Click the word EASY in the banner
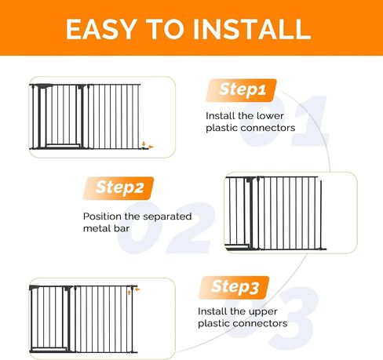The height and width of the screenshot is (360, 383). click(101, 29)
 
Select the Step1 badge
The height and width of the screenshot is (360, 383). click(241, 90)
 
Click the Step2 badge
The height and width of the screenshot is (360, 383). click(119, 188)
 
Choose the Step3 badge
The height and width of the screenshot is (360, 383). click(234, 287)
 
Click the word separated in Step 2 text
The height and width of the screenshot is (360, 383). click(167, 216)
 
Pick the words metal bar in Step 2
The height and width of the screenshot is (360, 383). click(106, 228)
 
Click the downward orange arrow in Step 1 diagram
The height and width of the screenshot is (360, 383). click(144, 144)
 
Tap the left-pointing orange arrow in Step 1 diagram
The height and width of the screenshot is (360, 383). click(151, 147)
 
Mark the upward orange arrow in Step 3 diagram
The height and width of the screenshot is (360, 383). click(129, 293)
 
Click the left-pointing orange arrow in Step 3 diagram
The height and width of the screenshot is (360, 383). click(137, 289)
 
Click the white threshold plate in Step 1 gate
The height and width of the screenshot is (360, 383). click(63, 146)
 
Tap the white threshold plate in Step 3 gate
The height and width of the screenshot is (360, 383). click(49, 349)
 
